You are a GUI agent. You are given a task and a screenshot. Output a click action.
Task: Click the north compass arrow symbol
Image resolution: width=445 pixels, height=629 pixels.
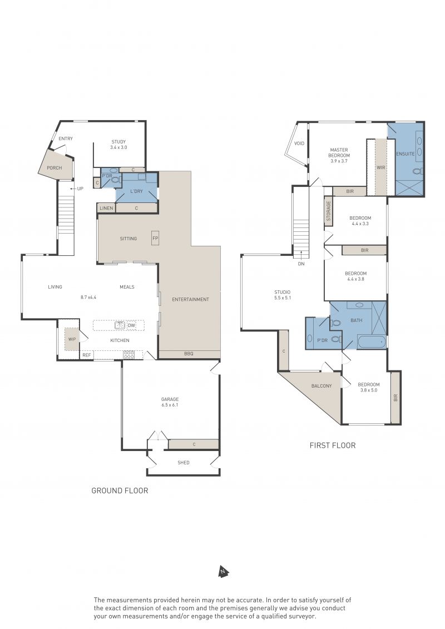tap(224, 572)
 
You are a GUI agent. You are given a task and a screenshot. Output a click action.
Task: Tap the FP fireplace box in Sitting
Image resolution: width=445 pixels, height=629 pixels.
tap(155, 238)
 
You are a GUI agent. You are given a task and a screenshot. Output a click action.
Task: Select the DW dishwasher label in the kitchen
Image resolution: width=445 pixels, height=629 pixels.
tap(132, 325)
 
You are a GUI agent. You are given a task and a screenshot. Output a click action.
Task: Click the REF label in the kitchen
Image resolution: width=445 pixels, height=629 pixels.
tap(86, 355)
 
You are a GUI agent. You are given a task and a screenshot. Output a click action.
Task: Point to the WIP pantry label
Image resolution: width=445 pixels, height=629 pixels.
tap(72, 339)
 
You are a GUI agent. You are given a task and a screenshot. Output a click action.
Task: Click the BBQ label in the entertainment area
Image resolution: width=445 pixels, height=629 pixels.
tap(189, 354)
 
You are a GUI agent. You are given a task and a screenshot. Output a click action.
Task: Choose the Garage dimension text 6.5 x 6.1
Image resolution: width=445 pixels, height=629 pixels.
tap(170, 405)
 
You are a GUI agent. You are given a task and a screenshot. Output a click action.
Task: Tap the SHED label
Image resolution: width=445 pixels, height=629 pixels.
tap(184, 463)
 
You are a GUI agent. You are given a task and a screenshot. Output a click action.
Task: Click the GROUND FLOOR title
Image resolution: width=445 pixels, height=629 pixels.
tap(120, 491)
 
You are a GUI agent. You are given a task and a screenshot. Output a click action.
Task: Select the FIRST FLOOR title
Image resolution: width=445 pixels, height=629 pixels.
tap(332, 445)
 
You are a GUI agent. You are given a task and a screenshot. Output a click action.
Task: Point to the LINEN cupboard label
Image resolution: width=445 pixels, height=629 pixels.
tap(106, 208)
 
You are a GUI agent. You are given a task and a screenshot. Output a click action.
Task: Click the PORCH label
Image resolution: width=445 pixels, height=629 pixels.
tap(54, 168)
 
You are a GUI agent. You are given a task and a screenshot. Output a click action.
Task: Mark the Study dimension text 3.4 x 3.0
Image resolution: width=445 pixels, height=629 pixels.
tap(119, 147)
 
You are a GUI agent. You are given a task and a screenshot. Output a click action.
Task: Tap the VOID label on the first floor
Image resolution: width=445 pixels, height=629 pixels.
tap(299, 143)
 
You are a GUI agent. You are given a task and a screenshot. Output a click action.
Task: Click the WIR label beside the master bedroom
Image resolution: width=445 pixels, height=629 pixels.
tap(381, 167)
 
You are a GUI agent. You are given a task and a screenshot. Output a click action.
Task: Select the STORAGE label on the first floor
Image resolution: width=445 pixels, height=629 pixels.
tap(329, 211)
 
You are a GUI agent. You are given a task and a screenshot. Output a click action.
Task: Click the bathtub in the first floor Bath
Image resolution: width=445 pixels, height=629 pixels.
tap(371, 342)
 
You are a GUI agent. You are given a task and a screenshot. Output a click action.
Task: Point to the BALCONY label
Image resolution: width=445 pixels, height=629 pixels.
tap(322, 386)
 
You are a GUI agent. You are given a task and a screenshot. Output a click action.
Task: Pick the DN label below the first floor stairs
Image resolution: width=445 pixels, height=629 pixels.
tap(301, 264)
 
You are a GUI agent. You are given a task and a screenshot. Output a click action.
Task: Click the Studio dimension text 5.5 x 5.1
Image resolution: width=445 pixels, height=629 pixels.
tap(283, 298)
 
